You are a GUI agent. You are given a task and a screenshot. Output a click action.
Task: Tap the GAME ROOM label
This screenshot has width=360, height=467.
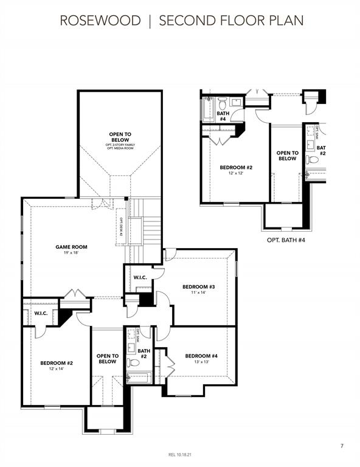click(x=71, y=247)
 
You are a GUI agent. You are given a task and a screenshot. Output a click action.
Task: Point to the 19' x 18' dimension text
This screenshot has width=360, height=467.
click(x=71, y=253)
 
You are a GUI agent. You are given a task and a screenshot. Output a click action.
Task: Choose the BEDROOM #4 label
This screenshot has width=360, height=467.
click(x=201, y=356)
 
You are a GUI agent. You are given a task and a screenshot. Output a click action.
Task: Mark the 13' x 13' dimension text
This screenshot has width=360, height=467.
click(x=201, y=362)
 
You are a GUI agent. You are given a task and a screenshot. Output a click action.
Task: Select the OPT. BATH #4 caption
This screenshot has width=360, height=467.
click(x=286, y=240)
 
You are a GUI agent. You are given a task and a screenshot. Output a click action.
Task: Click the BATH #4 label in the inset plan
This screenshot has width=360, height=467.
click(x=223, y=116)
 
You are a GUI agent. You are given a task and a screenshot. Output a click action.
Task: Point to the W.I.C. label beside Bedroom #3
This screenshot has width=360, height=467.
click(x=140, y=278)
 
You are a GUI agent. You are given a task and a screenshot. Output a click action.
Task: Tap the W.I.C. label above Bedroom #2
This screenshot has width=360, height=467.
click(x=41, y=313)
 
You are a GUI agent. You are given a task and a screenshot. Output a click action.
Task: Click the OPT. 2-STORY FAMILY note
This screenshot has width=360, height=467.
click(x=120, y=145)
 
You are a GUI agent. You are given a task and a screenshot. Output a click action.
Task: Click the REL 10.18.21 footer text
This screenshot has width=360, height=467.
click(x=180, y=455)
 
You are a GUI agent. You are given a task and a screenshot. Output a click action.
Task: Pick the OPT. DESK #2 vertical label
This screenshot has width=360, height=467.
click(x=121, y=226)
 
